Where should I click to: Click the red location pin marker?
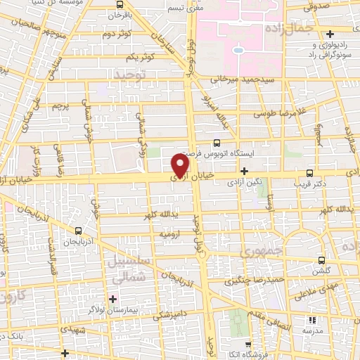point(181,165)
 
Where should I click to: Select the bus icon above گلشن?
point(322,260)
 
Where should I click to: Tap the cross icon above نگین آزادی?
point(244,171)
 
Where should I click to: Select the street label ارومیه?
point(172,233)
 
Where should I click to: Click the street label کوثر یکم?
point(141,57)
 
